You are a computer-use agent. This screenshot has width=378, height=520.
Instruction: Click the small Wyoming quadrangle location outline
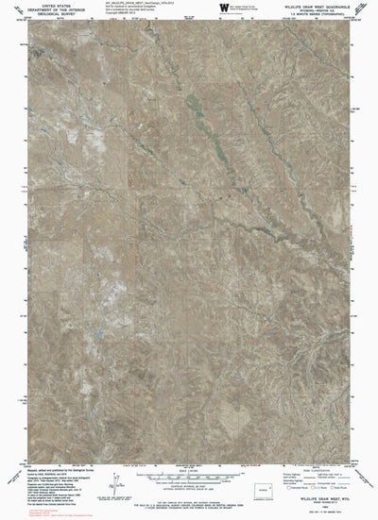coord(329,492)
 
